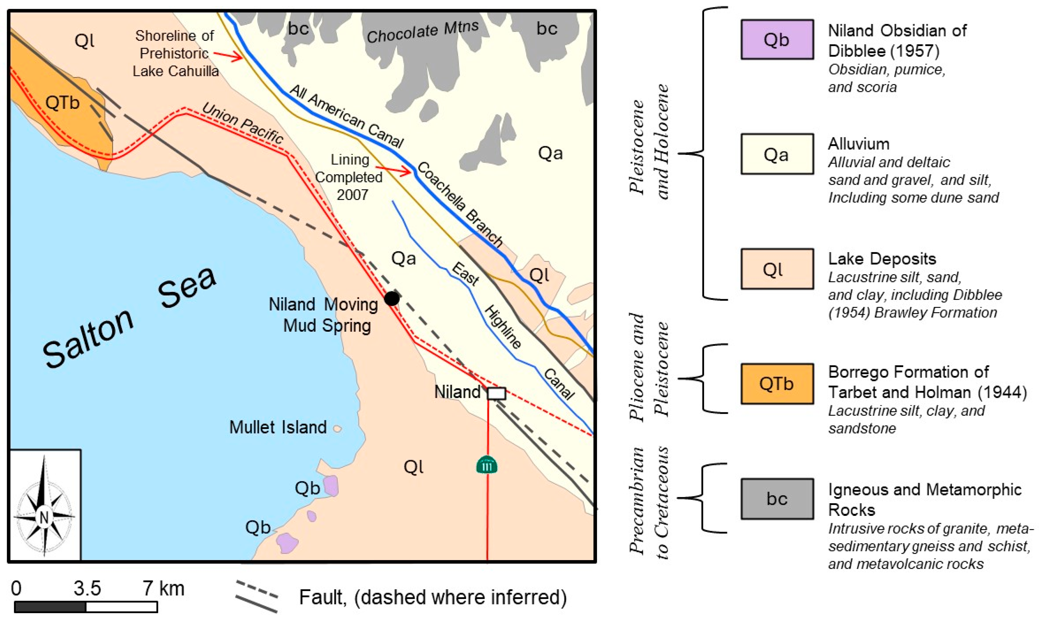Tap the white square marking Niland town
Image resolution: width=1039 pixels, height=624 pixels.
[x=496, y=393]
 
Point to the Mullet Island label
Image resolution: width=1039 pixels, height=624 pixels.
[x=278, y=427]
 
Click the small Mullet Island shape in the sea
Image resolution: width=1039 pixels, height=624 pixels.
[x=337, y=429]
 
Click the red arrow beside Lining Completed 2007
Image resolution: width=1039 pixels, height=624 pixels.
[x=393, y=170]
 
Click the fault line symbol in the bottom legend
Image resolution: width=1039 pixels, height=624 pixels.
[x=257, y=597]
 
